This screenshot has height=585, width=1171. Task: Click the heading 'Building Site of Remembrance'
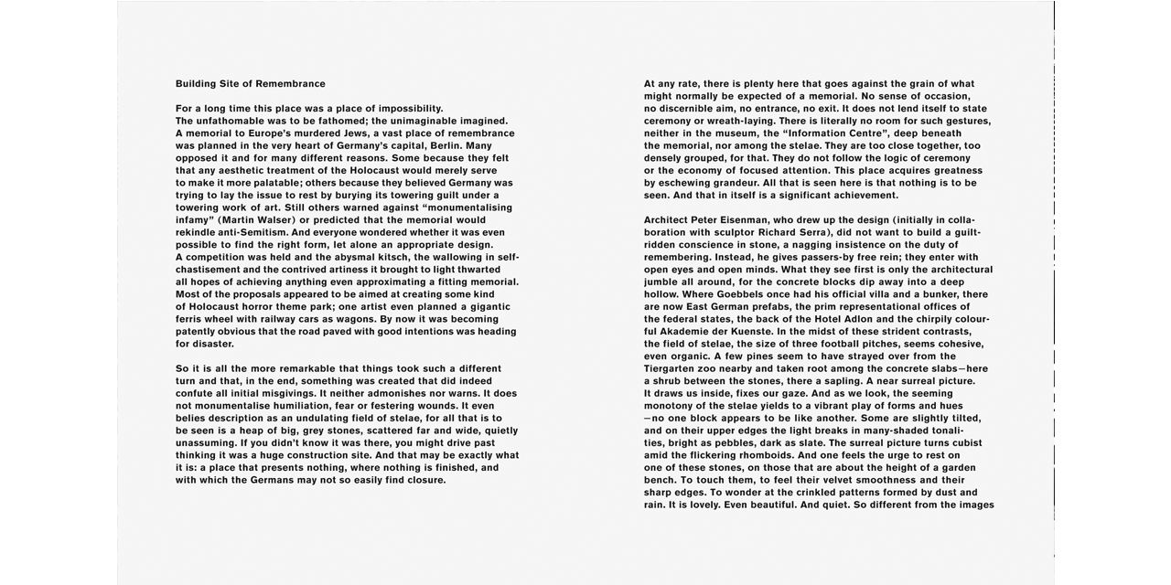[250, 84]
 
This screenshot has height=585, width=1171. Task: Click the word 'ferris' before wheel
[191, 319]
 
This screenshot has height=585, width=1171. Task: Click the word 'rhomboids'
[758, 455]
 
